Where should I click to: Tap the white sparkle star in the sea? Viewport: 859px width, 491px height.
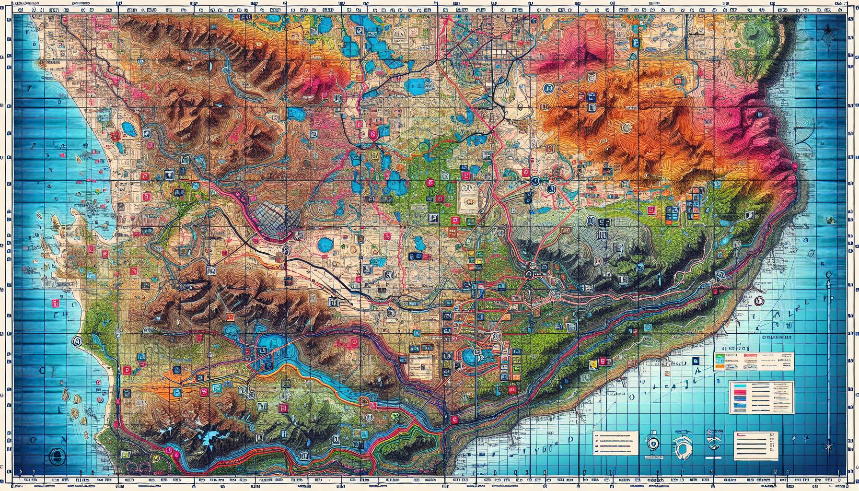pos(829,447)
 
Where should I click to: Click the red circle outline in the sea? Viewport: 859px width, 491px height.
pos(758,301)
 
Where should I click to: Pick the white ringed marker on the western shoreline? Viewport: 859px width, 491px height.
pos(76,341)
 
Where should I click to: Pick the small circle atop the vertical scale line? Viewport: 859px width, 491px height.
pos(828,274)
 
